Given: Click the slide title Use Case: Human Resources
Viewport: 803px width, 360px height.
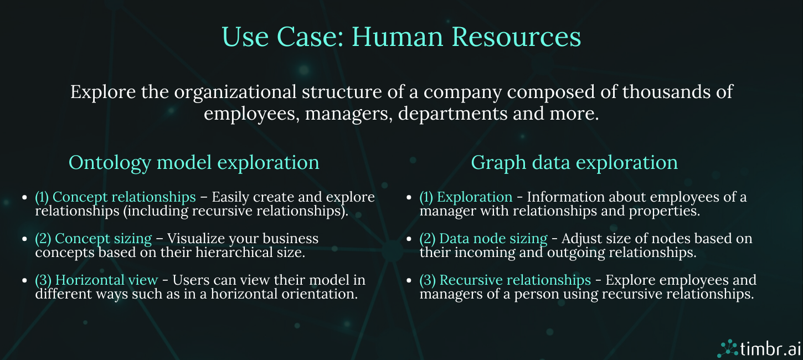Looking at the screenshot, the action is coord(401,37).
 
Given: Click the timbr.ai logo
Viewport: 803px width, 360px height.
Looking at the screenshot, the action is coord(759,348).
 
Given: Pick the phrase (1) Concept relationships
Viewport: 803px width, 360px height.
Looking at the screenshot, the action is coord(115,197).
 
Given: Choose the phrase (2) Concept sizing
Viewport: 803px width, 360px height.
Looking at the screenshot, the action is coord(93,239).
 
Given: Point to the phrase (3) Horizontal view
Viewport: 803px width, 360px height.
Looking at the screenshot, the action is coord(96,280).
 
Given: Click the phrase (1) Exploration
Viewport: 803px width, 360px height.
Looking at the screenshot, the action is coord(466,197).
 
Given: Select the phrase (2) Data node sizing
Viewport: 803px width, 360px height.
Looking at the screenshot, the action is coord(483,239).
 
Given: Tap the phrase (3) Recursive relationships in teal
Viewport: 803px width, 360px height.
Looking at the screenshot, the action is coord(505,280).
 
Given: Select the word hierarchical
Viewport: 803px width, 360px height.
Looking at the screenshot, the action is coord(234,253).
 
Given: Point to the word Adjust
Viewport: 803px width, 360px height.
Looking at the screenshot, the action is coord(577,239).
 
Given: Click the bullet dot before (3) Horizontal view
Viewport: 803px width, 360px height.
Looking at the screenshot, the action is coord(24,280).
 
